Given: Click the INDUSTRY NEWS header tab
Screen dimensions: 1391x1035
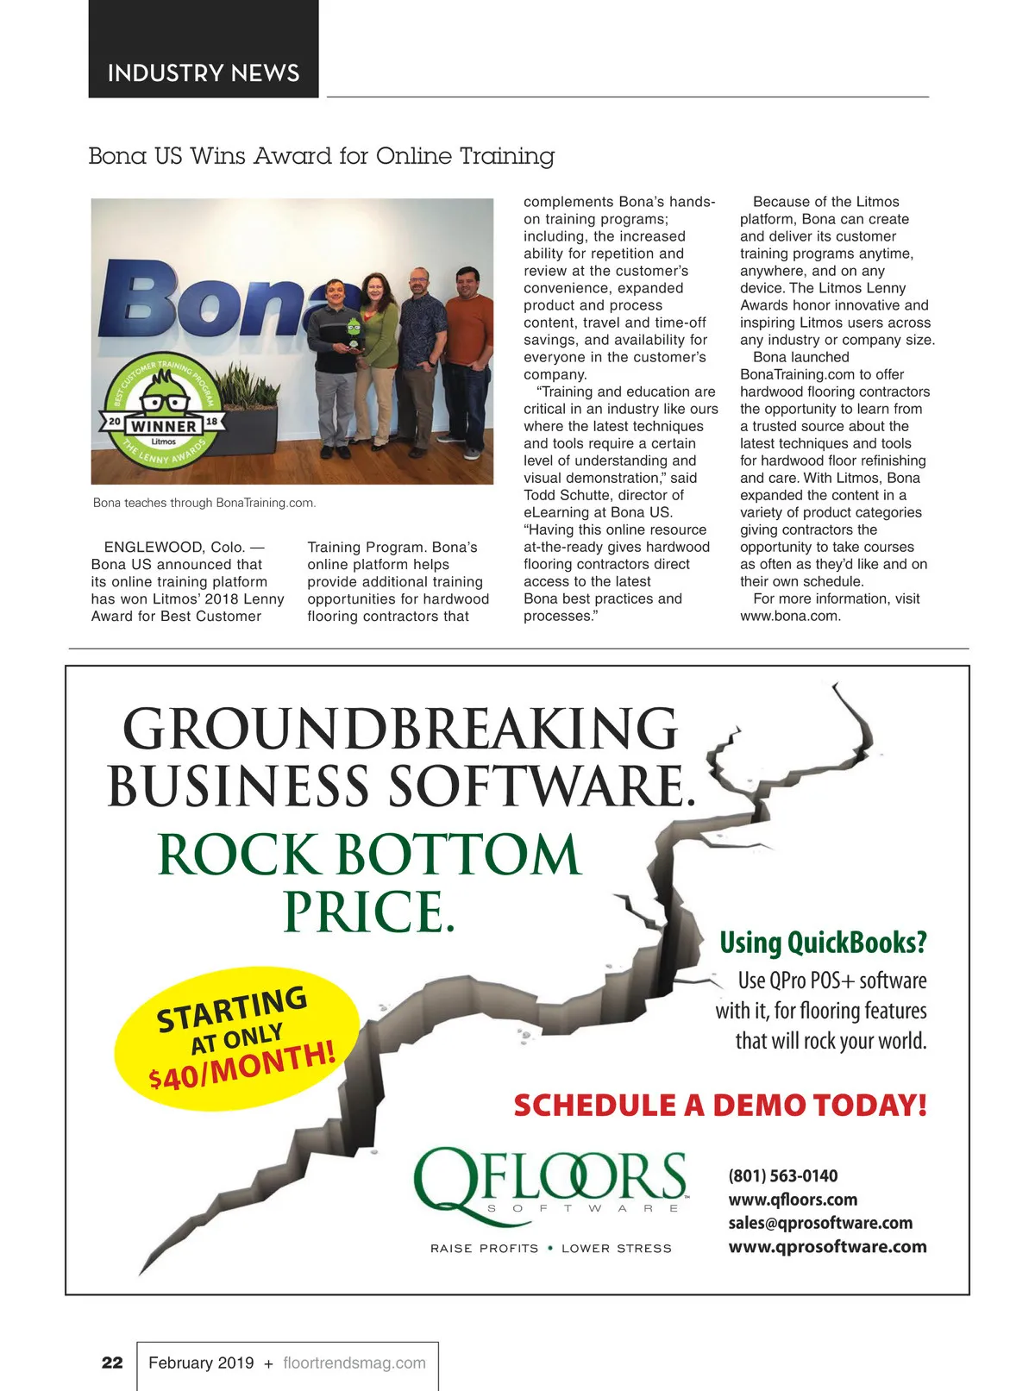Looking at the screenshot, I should click(204, 72).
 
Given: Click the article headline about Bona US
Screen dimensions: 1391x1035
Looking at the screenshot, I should click(321, 156).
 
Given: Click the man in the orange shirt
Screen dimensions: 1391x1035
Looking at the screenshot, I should click(468, 362).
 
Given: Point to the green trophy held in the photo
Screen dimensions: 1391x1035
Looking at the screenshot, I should click(354, 331).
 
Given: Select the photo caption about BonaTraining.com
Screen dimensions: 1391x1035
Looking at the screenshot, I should click(204, 503).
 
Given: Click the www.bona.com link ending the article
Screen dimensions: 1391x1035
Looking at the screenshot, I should click(790, 616).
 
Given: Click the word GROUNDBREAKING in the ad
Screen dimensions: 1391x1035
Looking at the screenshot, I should click(400, 730).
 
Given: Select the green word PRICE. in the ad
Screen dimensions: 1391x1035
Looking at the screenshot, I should click(368, 912).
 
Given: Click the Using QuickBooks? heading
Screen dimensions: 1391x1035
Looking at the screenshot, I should click(823, 943).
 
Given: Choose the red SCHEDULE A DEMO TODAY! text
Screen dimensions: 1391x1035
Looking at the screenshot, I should click(720, 1106).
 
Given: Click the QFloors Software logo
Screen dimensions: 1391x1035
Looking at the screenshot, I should click(550, 1181).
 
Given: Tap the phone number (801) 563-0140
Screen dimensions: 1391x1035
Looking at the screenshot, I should click(783, 1175).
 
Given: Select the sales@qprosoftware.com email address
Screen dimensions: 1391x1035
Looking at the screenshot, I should click(820, 1223).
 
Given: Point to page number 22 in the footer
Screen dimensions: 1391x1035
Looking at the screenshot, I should click(112, 1363).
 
